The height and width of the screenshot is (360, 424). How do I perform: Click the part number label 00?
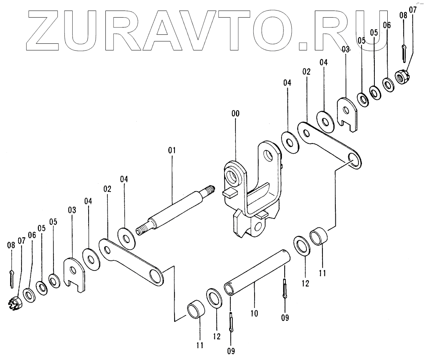(x=235, y=113)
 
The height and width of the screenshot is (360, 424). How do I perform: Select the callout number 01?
(x=172, y=150)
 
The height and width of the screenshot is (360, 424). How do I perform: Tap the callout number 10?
(x=255, y=313)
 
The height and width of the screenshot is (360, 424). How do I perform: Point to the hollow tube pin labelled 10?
(x=258, y=274)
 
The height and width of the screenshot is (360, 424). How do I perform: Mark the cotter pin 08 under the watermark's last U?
(x=403, y=52)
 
